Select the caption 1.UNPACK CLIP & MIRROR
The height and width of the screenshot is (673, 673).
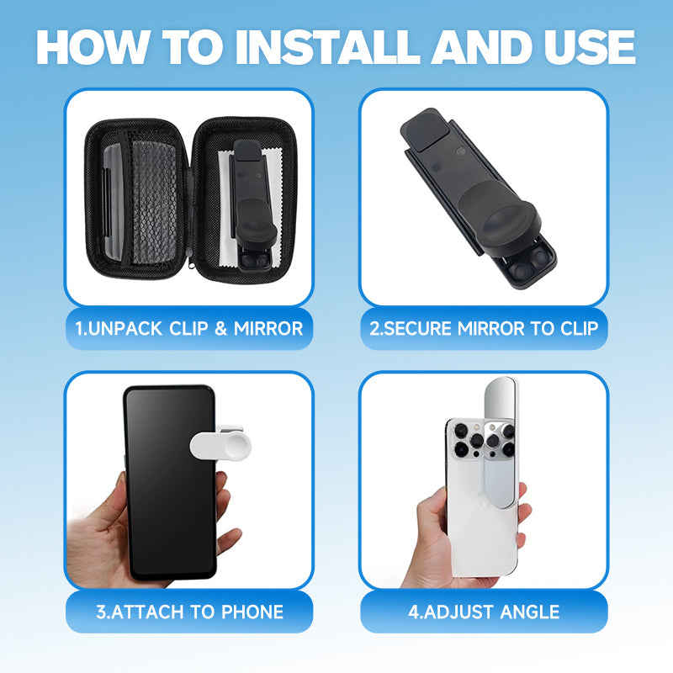point(189,328)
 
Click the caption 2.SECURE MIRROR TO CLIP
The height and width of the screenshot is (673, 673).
point(484,328)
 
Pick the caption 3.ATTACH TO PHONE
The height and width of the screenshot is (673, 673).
point(189,612)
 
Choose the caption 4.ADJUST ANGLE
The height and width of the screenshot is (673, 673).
point(484,612)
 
